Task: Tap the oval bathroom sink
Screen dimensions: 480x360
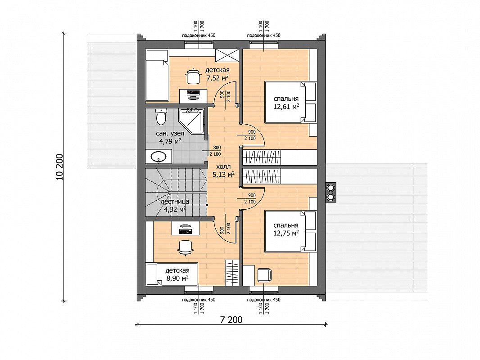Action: point(158,156)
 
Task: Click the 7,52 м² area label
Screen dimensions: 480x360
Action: point(218,78)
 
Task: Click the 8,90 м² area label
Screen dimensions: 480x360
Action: point(177,278)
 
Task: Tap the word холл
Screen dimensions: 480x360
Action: point(223,167)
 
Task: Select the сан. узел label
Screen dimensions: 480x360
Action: point(170,134)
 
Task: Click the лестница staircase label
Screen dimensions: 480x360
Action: point(175,202)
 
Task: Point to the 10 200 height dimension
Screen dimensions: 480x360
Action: point(59,167)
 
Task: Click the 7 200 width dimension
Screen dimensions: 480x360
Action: point(231,320)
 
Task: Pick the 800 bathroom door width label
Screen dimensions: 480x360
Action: point(217,148)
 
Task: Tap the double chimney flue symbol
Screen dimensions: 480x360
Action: point(331,192)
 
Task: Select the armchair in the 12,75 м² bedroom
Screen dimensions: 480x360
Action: point(264,274)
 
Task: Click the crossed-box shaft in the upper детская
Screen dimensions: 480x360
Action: point(227,55)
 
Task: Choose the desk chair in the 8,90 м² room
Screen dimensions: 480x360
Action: point(185,247)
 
